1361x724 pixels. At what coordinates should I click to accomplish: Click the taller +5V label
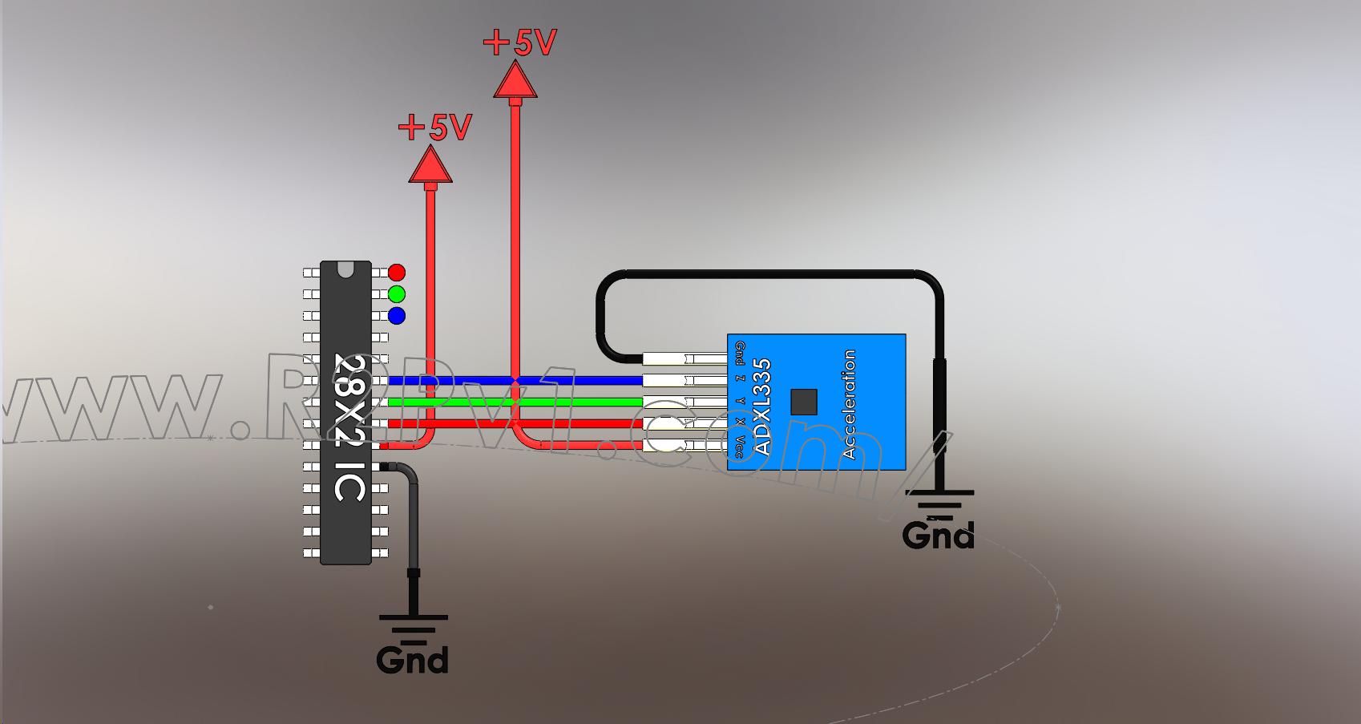pos(520,42)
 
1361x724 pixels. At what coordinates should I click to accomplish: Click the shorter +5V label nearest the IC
pos(435,126)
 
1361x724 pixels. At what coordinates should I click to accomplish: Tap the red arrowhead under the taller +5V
pos(515,81)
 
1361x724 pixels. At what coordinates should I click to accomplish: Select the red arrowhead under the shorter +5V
pos(430,165)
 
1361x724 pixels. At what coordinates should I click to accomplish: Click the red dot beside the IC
pos(396,273)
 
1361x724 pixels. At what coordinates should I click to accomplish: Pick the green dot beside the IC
pos(396,293)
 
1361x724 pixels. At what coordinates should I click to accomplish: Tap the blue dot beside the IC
pos(396,315)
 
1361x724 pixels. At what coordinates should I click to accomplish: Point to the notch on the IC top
pos(345,269)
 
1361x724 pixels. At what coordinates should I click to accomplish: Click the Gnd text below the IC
pos(412,659)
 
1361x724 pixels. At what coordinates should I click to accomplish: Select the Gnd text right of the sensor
pos(938,535)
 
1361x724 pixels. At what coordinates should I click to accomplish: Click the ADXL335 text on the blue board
pos(763,406)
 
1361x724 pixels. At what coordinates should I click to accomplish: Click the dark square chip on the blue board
pos(804,402)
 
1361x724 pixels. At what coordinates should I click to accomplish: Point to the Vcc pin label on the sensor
pos(739,446)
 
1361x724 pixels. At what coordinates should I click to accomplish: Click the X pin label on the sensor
pos(739,421)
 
